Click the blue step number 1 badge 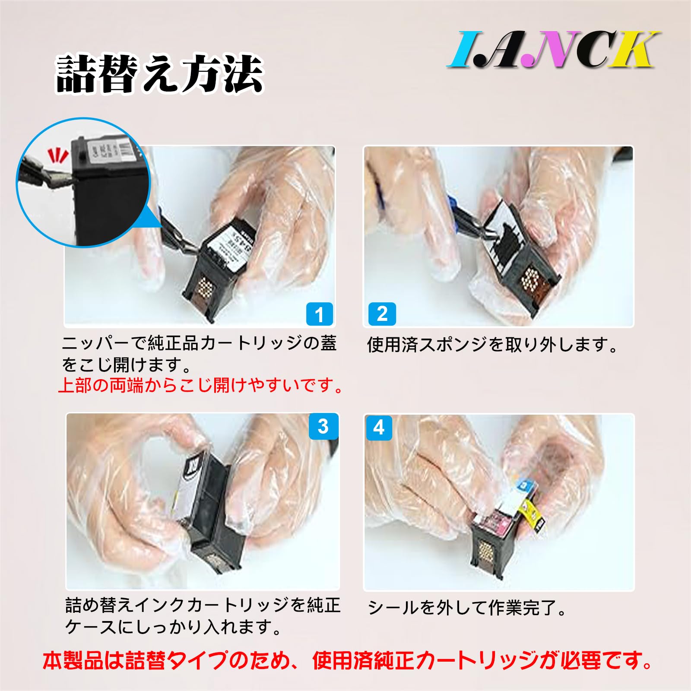pyautogui.click(x=319, y=314)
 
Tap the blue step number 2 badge pyautogui.click(x=382, y=314)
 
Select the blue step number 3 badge pyautogui.click(x=323, y=426)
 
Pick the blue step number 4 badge pyautogui.click(x=379, y=428)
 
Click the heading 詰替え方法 pyautogui.click(x=159, y=74)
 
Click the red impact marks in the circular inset pyautogui.click(x=57, y=155)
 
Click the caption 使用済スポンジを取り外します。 pyautogui.click(x=493, y=345)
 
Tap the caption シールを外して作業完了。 pyautogui.click(x=467, y=608)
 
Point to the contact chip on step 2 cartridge pyautogui.click(x=529, y=279)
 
